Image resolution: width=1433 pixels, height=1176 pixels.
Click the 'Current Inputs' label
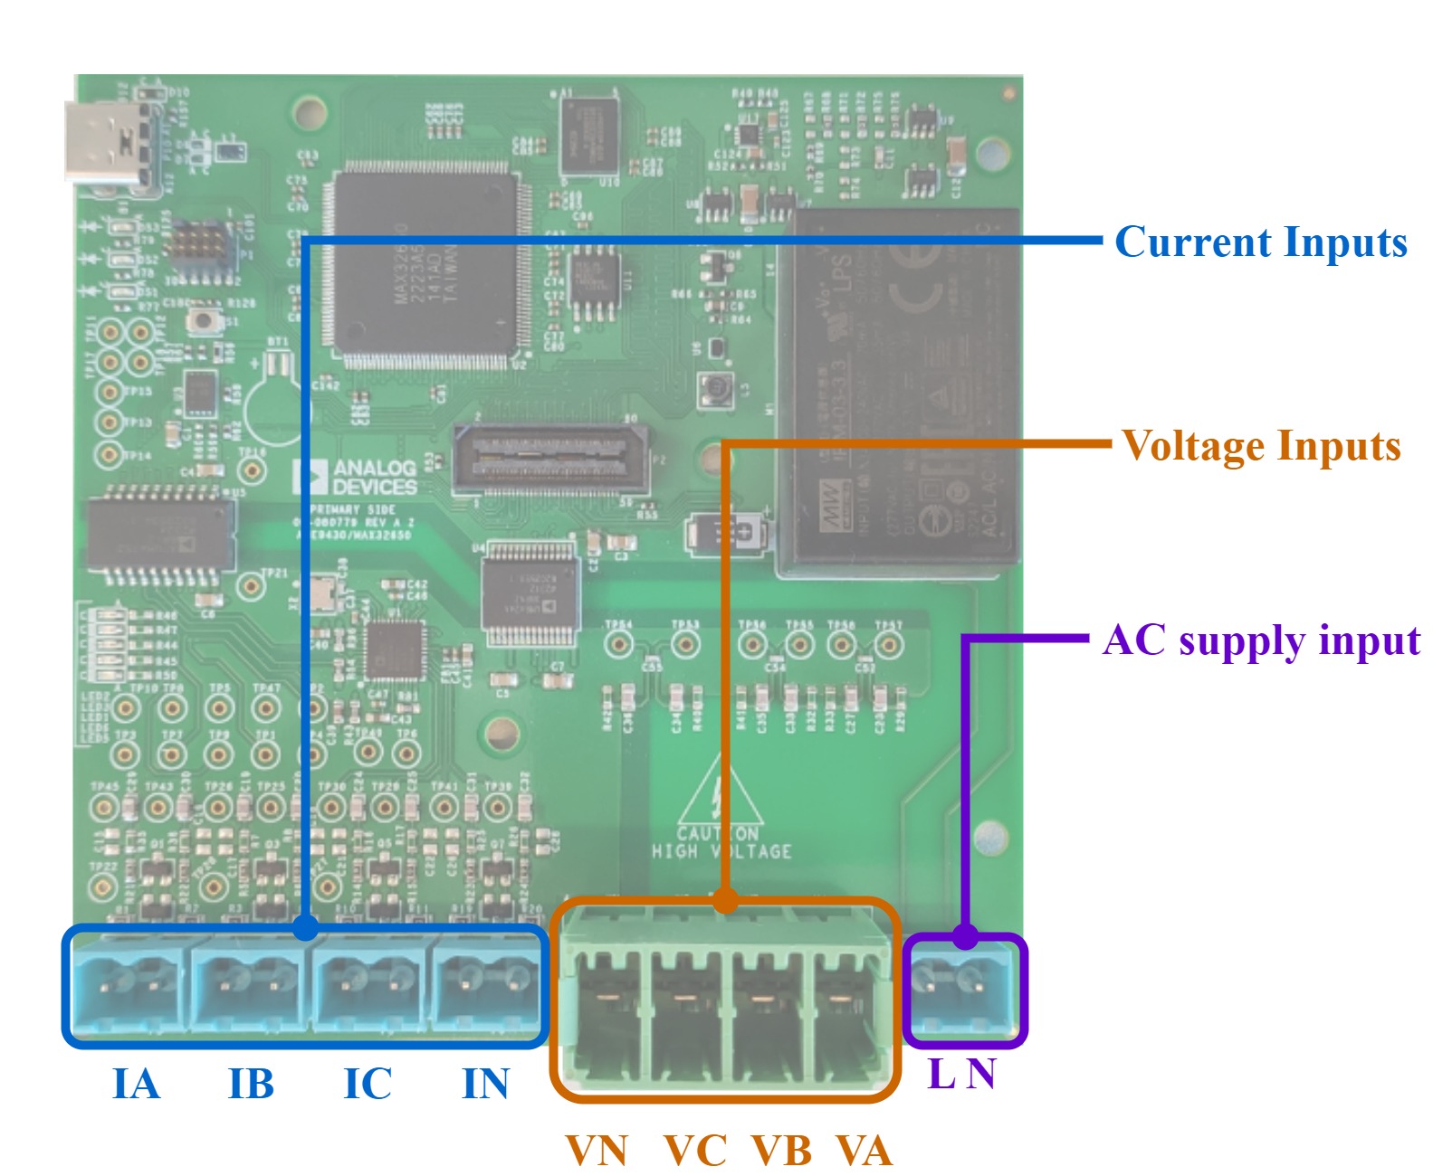pos(1260,242)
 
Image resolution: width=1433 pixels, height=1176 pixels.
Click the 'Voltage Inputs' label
pos(1260,446)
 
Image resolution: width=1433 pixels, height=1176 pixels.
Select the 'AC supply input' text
pos(1260,640)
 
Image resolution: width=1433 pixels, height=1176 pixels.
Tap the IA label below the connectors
pos(136,1084)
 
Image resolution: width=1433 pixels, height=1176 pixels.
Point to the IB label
pos(251,1084)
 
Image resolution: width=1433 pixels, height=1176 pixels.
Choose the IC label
pos(368,1084)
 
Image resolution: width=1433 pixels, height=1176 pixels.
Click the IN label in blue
pos(485,1084)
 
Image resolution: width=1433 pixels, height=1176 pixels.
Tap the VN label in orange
pos(597,1152)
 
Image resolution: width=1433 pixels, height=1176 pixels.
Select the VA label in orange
pos(863,1152)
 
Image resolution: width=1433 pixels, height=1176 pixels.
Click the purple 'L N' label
pos(961,1075)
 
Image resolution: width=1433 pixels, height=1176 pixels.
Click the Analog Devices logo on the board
pos(356,477)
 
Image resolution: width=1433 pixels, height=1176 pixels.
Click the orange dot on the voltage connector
pos(724,900)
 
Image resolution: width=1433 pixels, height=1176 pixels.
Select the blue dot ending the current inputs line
pos(306,926)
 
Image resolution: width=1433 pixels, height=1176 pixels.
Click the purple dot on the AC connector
pos(966,937)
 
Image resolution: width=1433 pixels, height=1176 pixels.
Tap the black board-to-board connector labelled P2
pos(550,460)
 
